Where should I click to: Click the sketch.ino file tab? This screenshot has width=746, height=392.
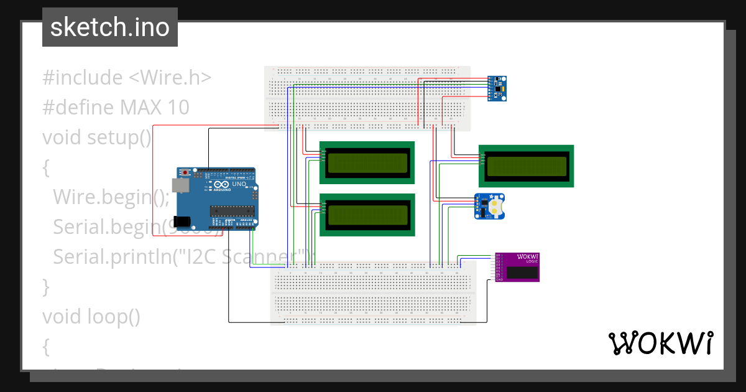click(x=109, y=27)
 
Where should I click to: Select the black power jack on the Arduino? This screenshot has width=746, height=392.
click(x=183, y=220)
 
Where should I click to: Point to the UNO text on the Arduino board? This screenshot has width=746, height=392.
click(x=239, y=185)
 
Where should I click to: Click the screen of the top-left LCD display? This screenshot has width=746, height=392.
click(x=367, y=162)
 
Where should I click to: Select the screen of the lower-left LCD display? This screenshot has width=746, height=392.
click(x=367, y=215)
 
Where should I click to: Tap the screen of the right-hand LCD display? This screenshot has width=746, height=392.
click(x=526, y=166)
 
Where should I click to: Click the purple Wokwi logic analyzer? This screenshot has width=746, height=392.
click(x=517, y=267)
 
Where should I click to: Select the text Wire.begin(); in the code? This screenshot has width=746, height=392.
click(x=111, y=196)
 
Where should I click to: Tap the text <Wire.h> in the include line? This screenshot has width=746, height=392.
click(x=169, y=77)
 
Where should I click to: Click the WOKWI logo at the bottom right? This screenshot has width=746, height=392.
click(x=660, y=343)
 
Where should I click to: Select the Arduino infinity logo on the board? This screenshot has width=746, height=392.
click(x=222, y=185)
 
